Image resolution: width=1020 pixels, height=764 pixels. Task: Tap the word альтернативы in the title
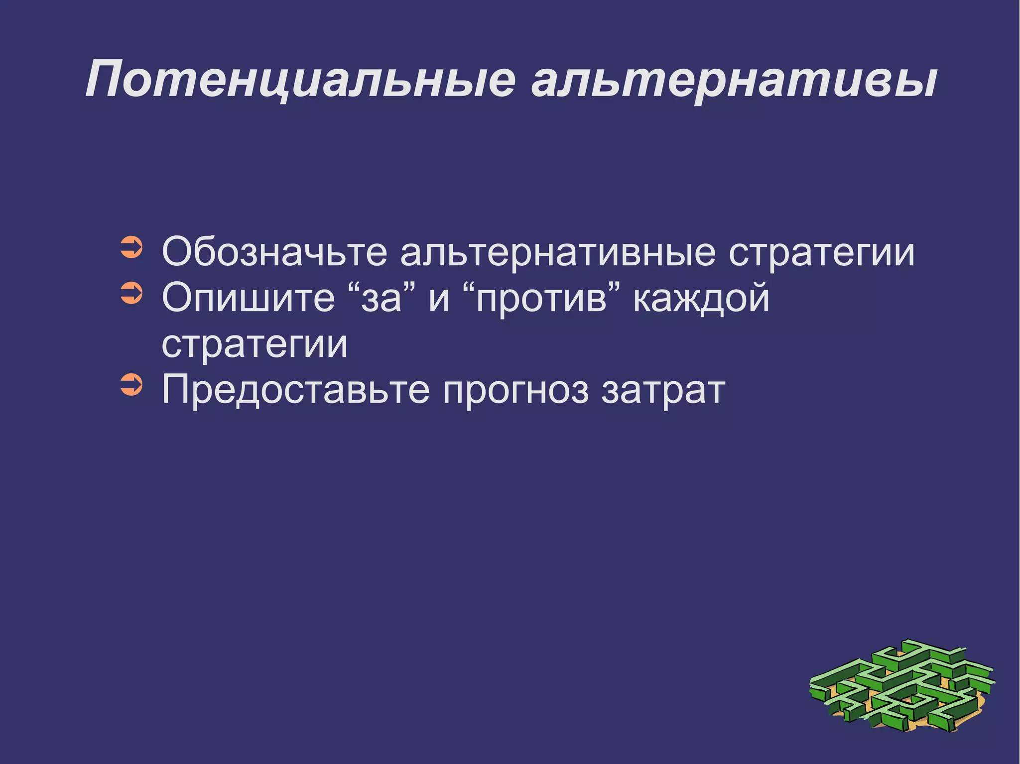click(735, 80)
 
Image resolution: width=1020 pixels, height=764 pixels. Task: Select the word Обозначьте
click(274, 252)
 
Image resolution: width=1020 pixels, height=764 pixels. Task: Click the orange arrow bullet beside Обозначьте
click(131, 247)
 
